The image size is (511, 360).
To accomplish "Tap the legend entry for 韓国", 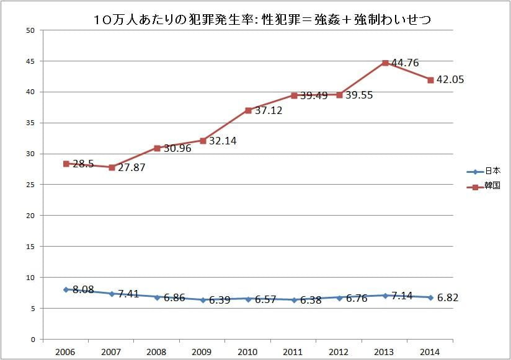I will pyautogui.click(x=492, y=186).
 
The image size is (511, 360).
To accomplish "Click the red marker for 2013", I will pyautogui.click(x=385, y=63).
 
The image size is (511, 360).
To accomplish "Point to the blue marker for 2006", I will pyautogui.click(x=66, y=289).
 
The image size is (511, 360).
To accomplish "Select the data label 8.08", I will pyautogui.click(x=82, y=289).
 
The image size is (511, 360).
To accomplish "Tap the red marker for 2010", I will pyautogui.click(x=248, y=110).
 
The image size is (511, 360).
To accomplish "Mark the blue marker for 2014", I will pyautogui.click(x=430, y=297).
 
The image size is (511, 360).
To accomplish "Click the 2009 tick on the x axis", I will pyautogui.click(x=203, y=352).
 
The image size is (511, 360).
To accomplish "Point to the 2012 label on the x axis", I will pyautogui.click(x=339, y=352).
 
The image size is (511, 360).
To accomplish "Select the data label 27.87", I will pyautogui.click(x=131, y=167).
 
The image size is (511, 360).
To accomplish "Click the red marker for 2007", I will pyautogui.click(x=112, y=167).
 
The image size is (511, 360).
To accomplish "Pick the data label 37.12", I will pyautogui.click(x=269, y=110).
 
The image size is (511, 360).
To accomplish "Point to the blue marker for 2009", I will pyautogui.click(x=203, y=300).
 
